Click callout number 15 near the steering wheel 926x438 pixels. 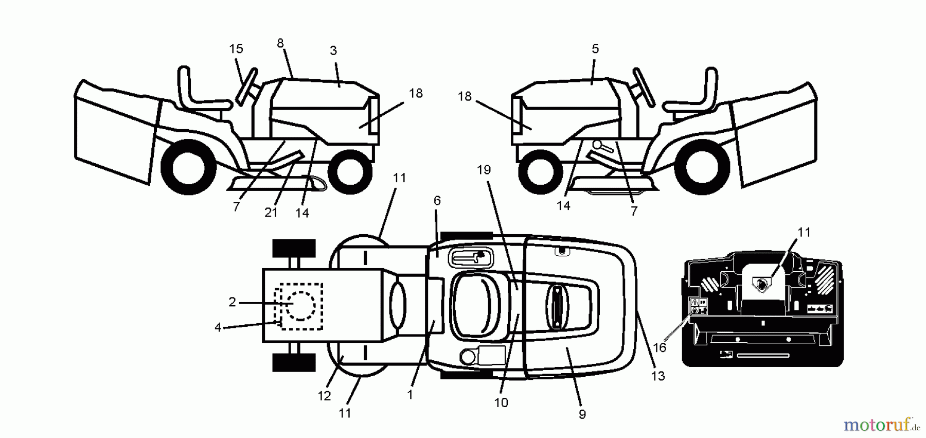[236, 49]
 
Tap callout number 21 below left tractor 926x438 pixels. [271, 213]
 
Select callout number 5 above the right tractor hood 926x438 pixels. [595, 49]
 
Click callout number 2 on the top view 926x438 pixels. [232, 303]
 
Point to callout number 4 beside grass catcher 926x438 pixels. [218, 327]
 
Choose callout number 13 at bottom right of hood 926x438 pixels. [658, 376]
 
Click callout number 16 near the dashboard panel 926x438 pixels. [659, 347]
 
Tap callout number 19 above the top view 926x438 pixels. [484, 170]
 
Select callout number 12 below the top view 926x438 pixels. [324, 396]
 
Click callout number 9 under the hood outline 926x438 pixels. [582, 414]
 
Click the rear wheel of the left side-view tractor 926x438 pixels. [188, 167]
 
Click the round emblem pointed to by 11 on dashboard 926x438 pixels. [761, 283]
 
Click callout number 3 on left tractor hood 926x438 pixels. [333, 50]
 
